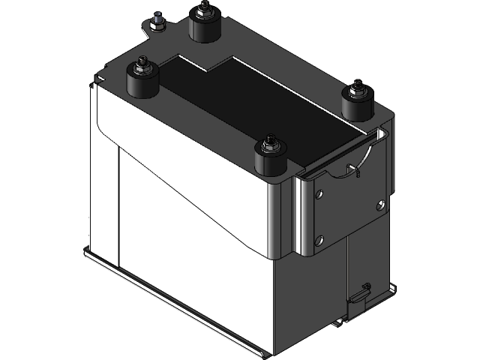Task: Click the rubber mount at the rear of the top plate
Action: pyautogui.click(x=204, y=28)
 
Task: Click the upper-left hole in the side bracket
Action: pyautogui.click(x=321, y=194)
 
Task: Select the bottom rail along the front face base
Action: pyautogui.click(x=172, y=300)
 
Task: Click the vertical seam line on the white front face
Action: pyautogui.click(x=119, y=202)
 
